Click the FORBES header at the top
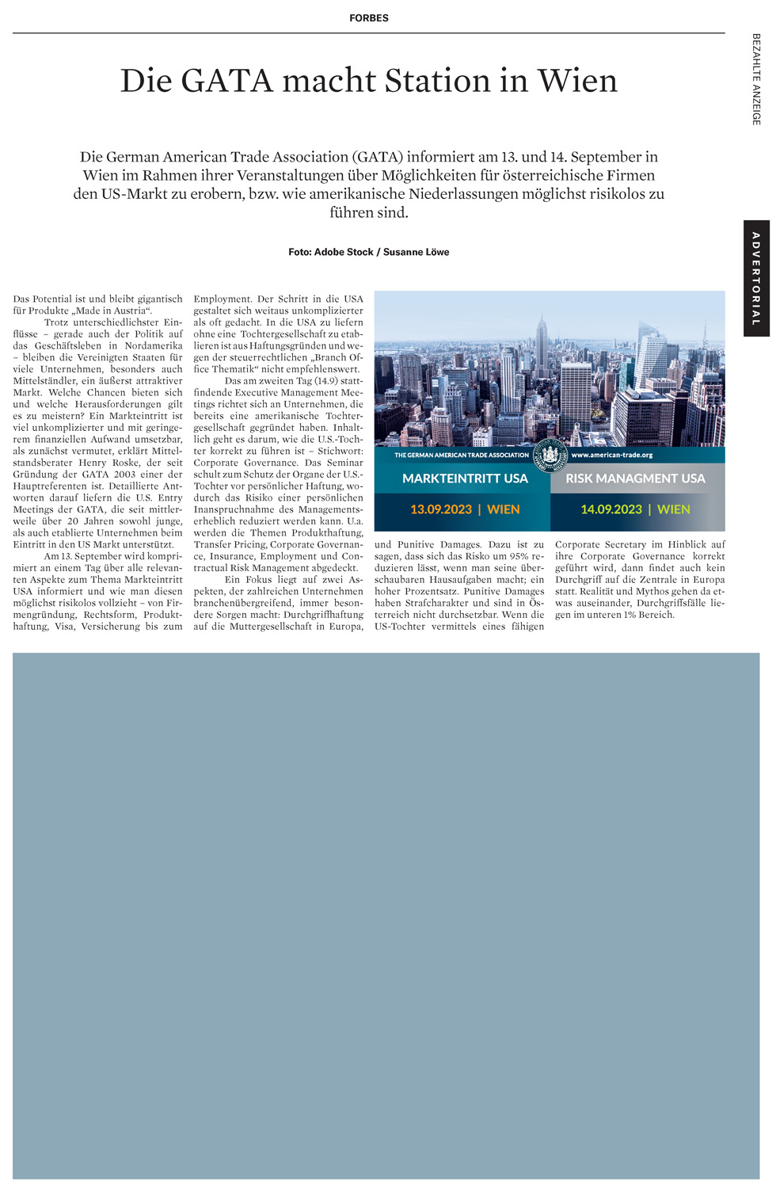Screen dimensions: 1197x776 (369, 18)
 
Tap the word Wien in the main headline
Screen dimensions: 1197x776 (576, 81)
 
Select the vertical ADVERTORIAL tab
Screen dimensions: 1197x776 (755, 278)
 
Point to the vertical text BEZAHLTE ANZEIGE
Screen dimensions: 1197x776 (756, 79)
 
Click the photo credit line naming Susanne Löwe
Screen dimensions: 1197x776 (369, 252)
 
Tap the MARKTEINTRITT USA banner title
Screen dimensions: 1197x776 (465, 478)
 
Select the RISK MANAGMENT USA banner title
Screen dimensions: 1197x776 (635, 478)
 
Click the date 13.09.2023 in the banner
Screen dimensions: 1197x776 (441, 509)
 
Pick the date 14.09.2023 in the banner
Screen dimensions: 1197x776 (611, 509)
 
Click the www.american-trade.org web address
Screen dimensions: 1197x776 (612, 456)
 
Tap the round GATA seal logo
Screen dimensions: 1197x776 (550, 456)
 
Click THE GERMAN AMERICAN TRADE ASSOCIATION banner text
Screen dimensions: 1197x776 (462, 456)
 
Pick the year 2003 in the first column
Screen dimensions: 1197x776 (124, 475)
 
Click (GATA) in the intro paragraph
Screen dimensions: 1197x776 (378, 157)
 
